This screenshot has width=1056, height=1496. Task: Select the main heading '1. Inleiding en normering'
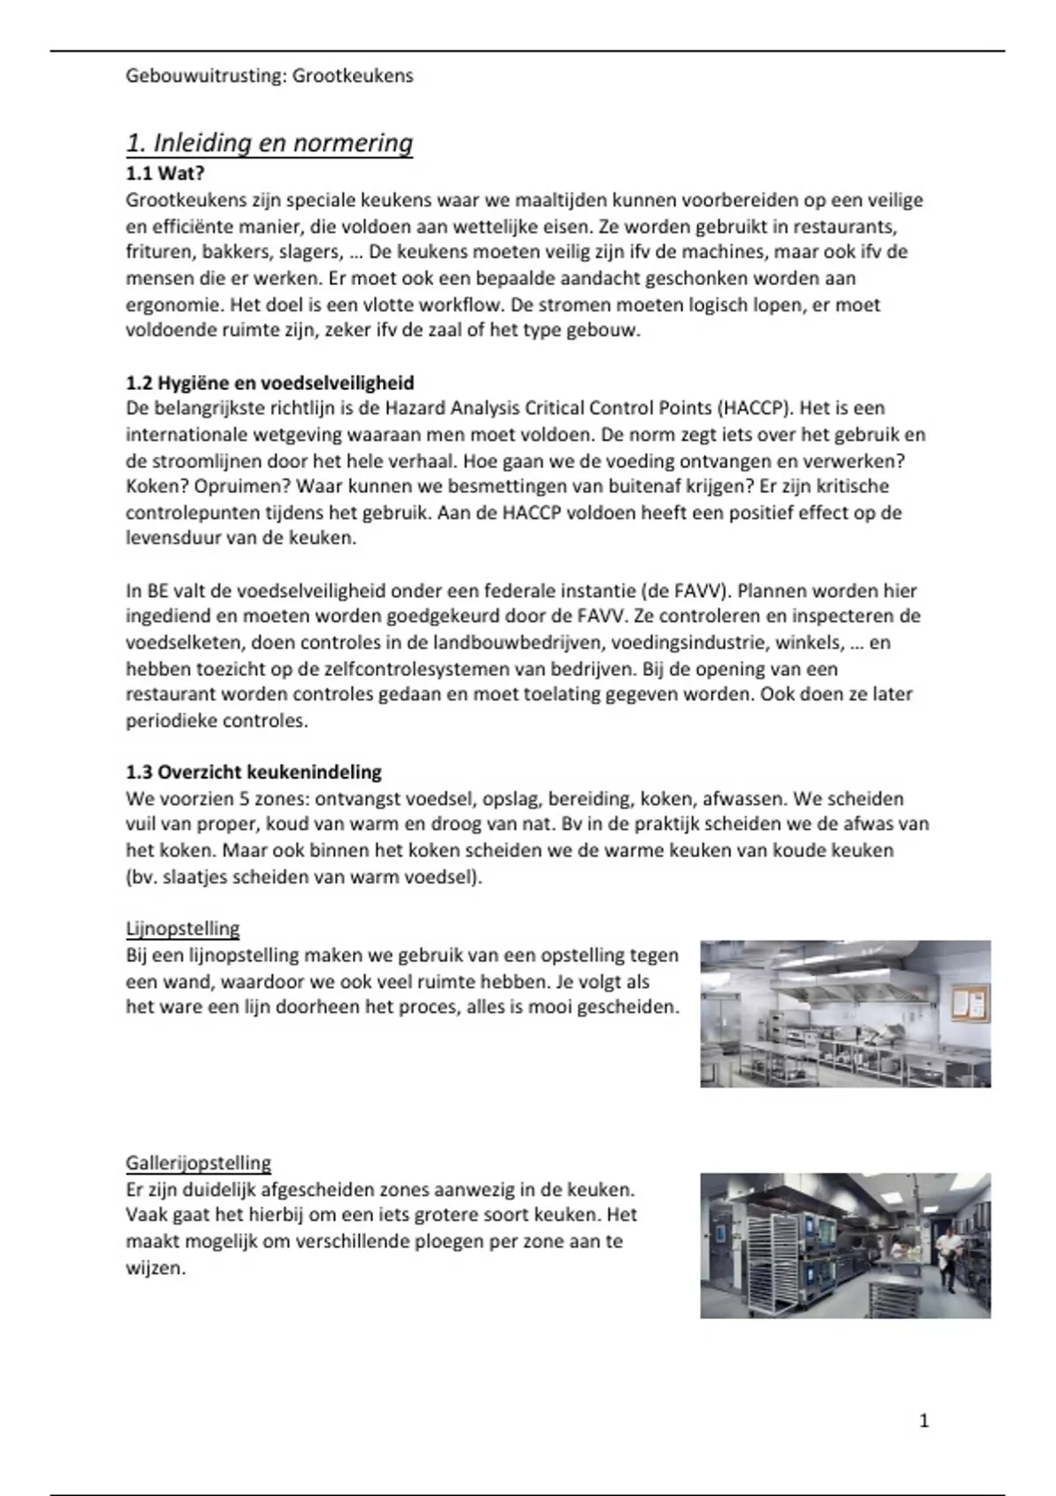coord(269,143)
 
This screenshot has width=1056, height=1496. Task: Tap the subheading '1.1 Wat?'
coord(165,173)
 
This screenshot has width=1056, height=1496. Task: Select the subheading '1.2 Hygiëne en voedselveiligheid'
coord(269,383)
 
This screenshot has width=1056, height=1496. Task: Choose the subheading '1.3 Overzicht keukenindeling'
coord(253,773)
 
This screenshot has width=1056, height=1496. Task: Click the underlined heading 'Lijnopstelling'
coord(182,928)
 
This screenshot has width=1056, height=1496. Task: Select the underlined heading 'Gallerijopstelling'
coord(198,1163)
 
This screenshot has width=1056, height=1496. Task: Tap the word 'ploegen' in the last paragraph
coord(464,1242)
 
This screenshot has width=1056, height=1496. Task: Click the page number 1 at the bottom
coord(923,1420)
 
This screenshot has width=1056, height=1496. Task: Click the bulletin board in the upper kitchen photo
coord(969,1002)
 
